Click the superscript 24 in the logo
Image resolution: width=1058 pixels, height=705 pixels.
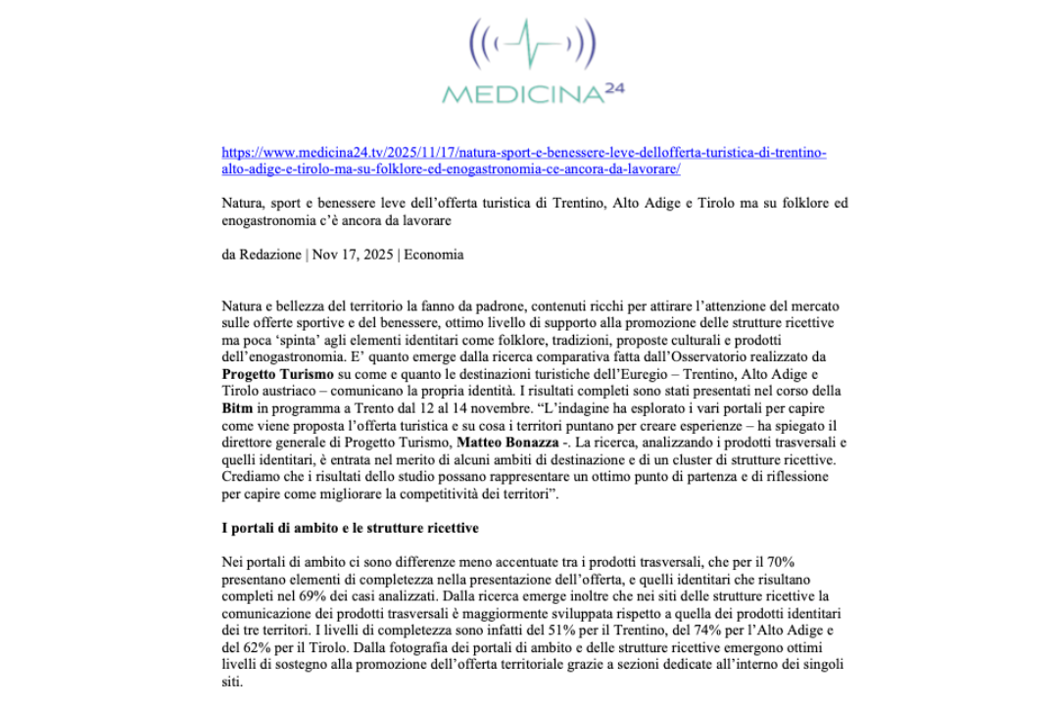tap(614, 88)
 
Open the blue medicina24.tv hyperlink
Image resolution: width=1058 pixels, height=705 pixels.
tap(524, 161)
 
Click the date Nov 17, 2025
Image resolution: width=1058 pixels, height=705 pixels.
tap(353, 255)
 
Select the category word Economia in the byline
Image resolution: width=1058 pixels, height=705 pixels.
tap(433, 255)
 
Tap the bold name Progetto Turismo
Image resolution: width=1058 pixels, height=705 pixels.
tap(270, 375)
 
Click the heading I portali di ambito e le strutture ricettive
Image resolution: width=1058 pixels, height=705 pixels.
tap(351, 529)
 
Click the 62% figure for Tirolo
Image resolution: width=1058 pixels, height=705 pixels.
tap(259, 646)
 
